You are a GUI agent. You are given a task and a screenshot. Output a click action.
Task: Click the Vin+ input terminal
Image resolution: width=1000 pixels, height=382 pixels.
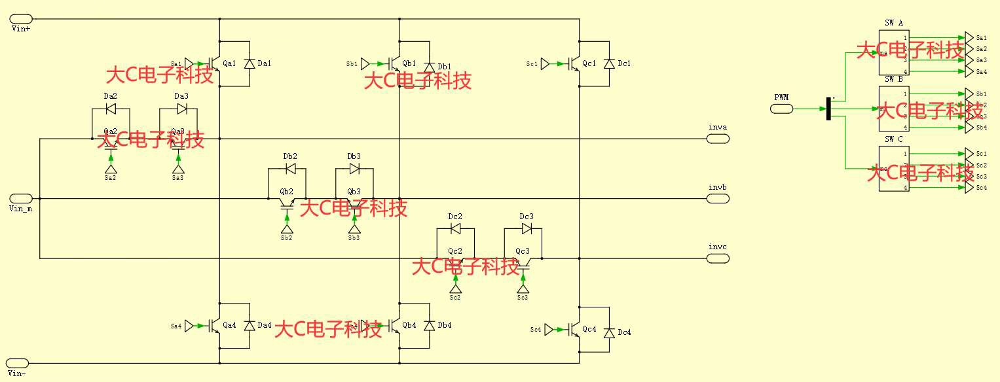(x=22, y=20)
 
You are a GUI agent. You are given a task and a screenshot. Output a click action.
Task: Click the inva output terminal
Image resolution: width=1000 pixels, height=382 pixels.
(x=718, y=139)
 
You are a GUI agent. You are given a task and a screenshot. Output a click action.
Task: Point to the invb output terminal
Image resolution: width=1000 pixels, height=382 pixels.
(x=718, y=198)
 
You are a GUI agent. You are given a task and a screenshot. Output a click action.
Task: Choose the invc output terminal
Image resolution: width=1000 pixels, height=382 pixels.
(x=718, y=258)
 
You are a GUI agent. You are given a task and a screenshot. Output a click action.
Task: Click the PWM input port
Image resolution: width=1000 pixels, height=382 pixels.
(x=781, y=109)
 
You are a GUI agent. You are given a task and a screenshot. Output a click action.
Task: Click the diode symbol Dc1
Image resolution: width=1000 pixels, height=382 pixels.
(x=610, y=63)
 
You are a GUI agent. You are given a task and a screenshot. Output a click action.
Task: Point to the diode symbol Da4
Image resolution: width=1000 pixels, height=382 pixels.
(x=249, y=325)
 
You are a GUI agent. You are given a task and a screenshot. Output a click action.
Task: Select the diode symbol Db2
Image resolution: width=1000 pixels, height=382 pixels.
(x=290, y=169)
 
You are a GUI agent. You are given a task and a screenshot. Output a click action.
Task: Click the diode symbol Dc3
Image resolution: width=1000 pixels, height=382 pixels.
(x=527, y=229)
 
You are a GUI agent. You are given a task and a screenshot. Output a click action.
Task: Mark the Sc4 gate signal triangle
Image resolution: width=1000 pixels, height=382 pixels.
(x=549, y=330)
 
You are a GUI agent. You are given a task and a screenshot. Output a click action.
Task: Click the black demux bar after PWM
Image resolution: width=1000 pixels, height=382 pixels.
(x=828, y=109)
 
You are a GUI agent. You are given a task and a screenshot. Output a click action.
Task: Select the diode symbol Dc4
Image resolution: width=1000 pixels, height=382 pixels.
(x=610, y=332)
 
